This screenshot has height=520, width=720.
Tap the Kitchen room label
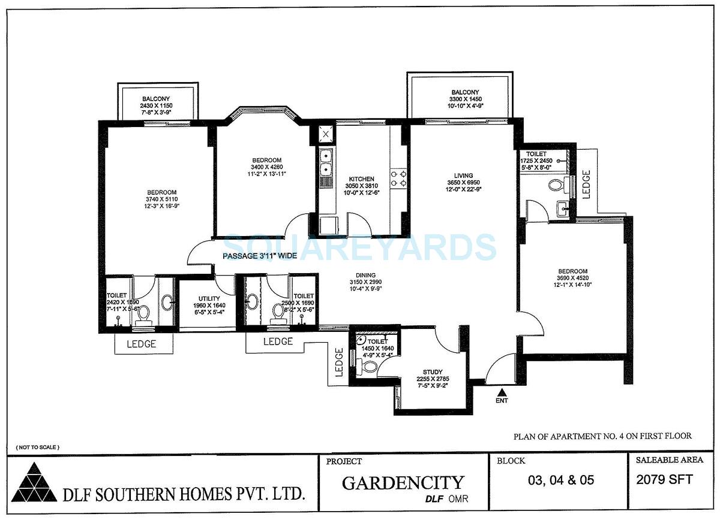coord(362,179)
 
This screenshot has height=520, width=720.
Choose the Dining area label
coord(365,276)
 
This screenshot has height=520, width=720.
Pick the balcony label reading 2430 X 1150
coord(156,99)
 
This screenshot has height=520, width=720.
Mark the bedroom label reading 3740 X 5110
coord(160,192)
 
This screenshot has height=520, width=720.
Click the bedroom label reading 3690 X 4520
coord(572,271)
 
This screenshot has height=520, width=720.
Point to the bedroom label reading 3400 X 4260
coord(267,159)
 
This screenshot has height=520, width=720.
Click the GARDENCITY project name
coord(403,483)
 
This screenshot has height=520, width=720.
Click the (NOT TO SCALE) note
coord(38,448)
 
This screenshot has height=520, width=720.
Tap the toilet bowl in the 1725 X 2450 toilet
coord(556,185)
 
